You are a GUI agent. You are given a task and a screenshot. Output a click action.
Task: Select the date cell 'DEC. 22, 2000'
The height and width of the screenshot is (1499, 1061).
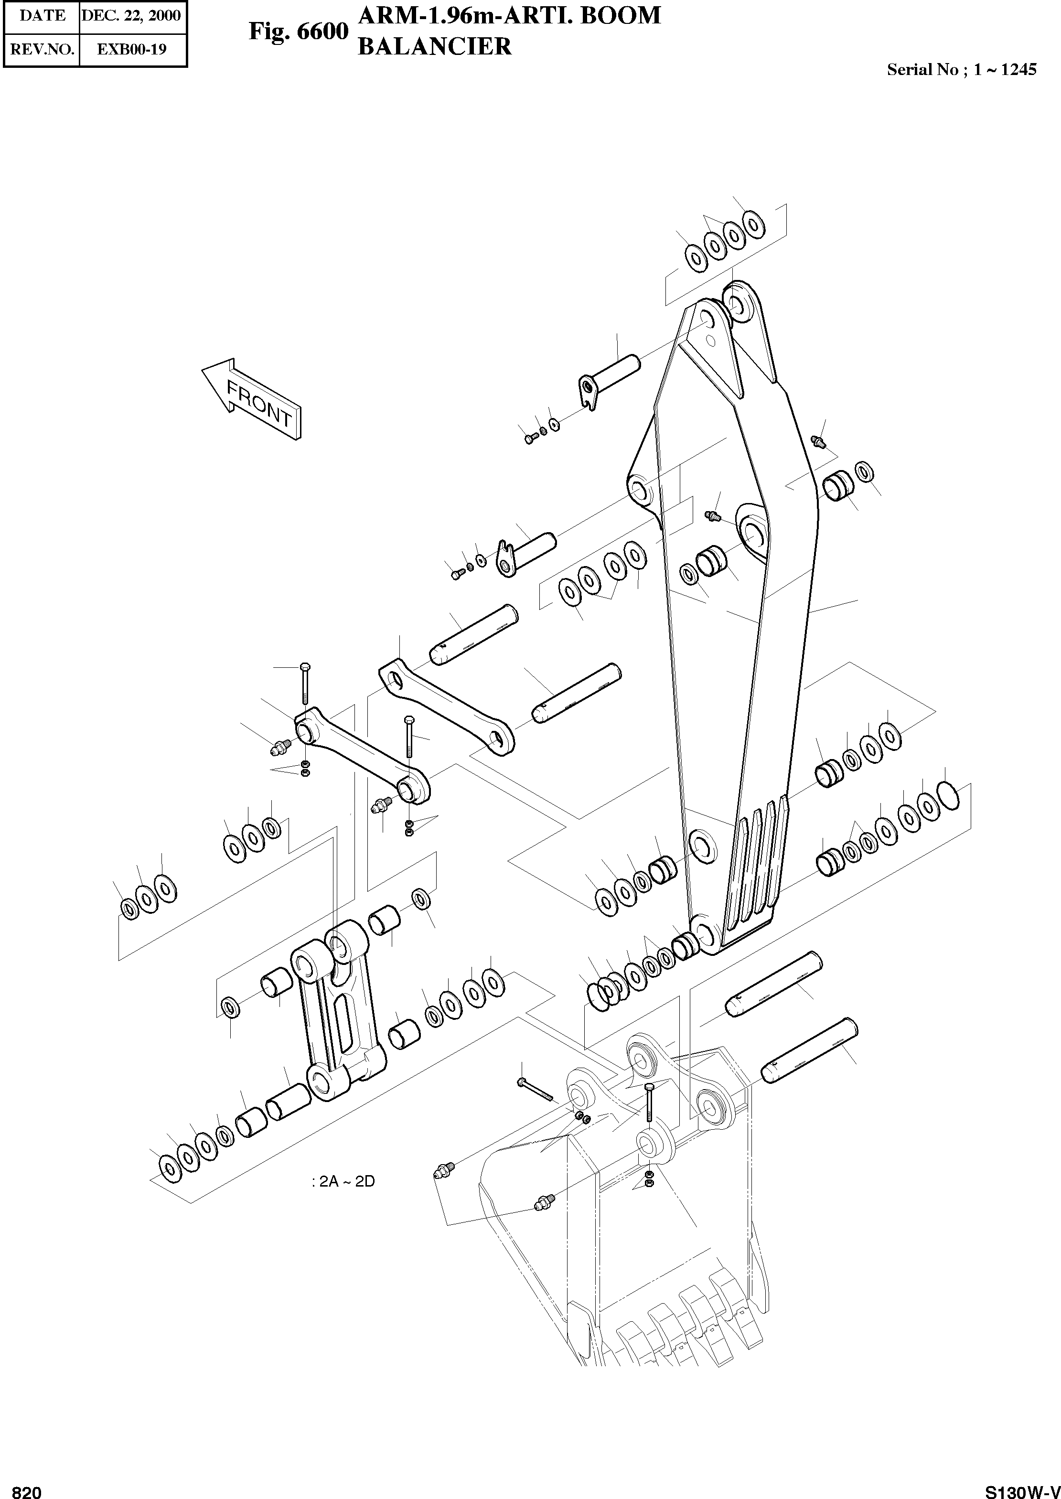tap(131, 15)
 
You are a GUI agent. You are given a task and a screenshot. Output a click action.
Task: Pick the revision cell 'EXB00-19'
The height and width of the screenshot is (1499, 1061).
tap(131, 49)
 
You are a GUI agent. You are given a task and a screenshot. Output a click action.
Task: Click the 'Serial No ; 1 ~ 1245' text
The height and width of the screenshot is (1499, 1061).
tap(961, 70)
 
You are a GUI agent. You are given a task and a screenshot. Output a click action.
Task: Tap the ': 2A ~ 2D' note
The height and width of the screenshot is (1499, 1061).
tap(343, 1181)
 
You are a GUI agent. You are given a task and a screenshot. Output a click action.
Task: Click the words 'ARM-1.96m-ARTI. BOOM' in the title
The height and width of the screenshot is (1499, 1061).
tap(510, 15)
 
